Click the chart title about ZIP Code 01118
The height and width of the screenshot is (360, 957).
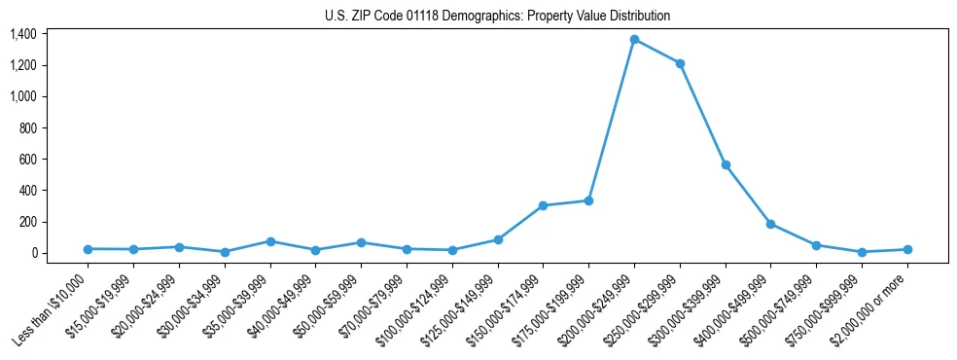coord(497,17)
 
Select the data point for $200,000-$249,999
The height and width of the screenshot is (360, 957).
coord(634,40)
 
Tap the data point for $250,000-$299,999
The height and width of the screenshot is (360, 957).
coord(680,63)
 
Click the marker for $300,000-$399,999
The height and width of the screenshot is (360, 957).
coord(726,165)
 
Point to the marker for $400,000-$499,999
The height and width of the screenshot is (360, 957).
coord(770,224)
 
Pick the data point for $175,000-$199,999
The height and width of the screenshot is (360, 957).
coord(588,200)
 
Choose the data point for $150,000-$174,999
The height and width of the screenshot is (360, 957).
coord(543,205)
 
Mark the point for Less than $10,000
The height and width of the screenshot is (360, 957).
coord(88,249)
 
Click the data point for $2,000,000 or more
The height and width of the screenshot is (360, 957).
coord(907,249)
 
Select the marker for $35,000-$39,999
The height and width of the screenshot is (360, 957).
coord(270,241)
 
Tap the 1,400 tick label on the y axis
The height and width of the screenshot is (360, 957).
coord(50,34)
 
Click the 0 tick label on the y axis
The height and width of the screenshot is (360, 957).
coord(60,253)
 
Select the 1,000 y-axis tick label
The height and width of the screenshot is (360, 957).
coord(50,96)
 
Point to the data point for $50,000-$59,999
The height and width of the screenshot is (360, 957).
coord(361,242)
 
